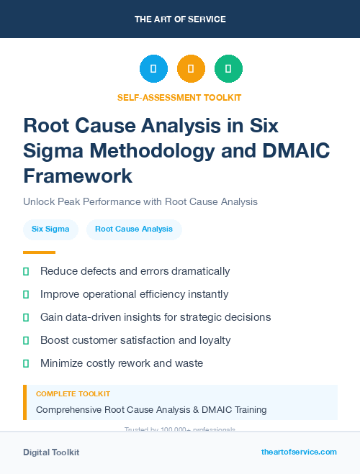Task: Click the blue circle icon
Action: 153,69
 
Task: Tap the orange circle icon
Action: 191,69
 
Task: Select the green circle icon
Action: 228,69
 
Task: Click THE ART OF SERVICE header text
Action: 180,19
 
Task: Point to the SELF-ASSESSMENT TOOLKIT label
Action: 179,97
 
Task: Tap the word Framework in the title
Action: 78,176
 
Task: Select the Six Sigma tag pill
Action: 50,229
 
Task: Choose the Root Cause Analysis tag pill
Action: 134,229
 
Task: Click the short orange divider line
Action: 39,252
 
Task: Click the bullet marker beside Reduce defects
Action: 26,272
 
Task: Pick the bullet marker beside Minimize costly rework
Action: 26,364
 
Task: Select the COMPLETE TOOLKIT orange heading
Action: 73,394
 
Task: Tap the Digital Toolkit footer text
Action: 51,452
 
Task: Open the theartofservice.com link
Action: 299,452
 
